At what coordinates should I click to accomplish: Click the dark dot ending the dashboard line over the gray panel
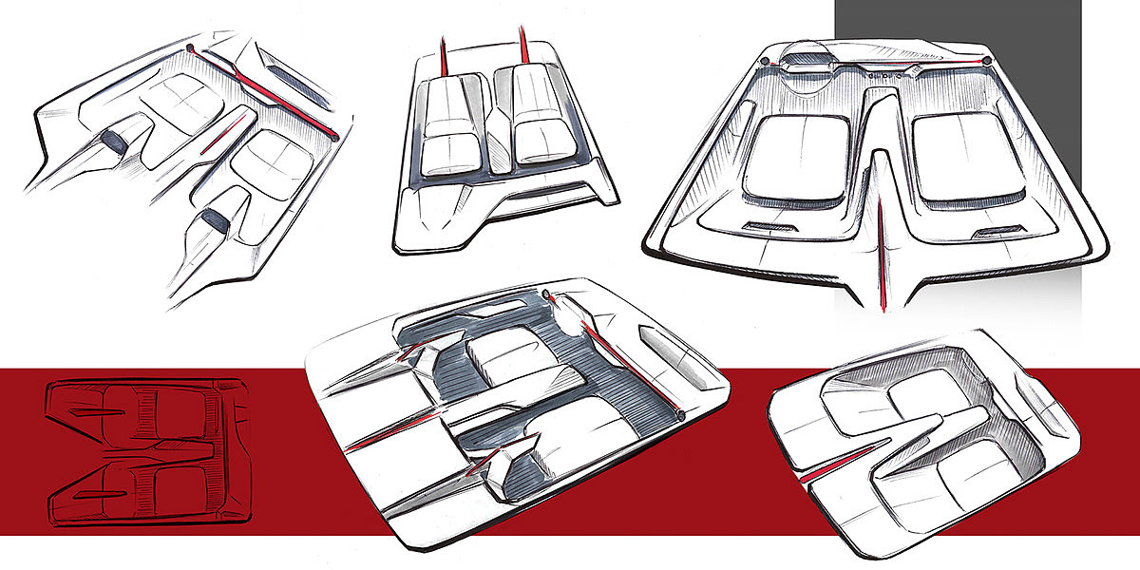coord(987,61)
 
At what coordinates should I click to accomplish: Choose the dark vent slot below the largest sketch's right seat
coord(1004,231)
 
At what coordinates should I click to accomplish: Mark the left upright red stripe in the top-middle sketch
coord(442,53)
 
